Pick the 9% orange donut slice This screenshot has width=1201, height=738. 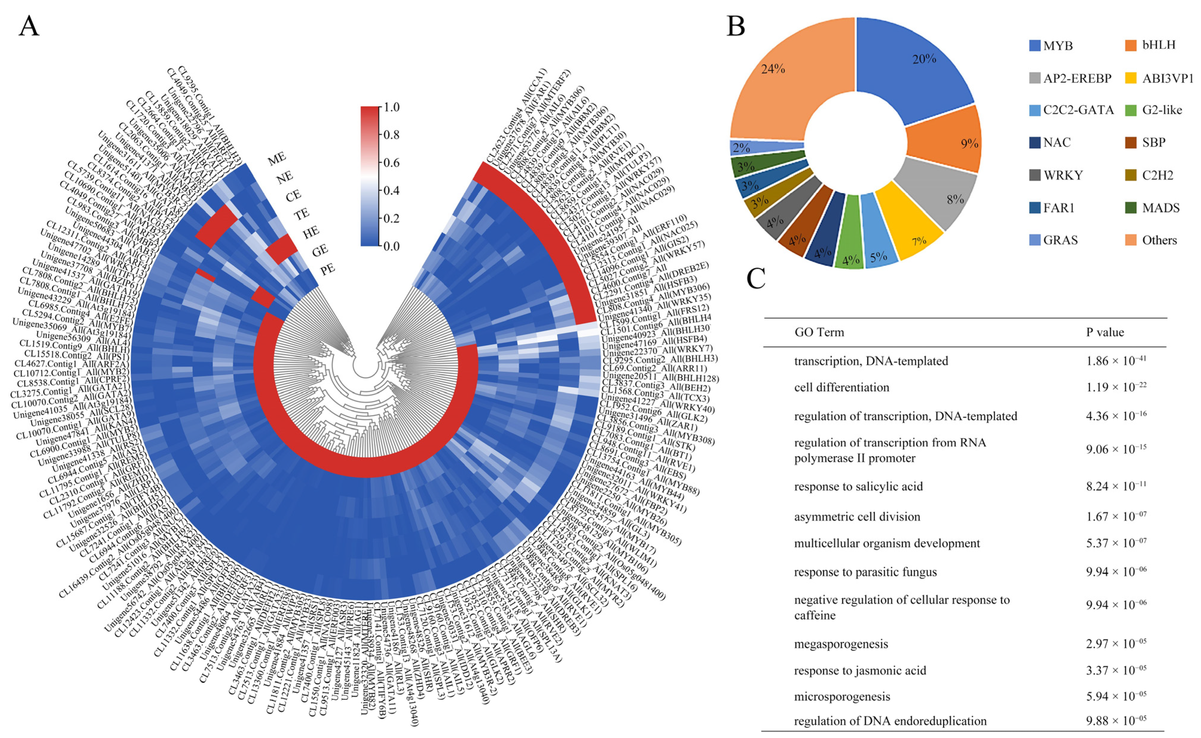952,142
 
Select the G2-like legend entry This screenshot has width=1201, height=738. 1162,110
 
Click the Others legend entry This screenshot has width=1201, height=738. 1159,240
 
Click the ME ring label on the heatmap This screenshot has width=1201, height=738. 277,159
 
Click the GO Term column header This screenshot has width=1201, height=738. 819,332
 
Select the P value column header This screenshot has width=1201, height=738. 1105,332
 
